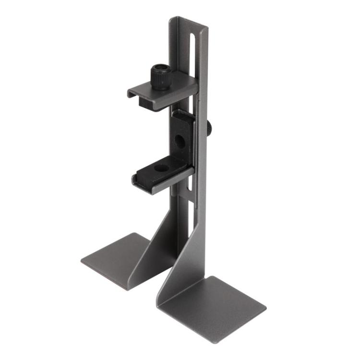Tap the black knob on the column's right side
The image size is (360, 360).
click(x=210, y=128)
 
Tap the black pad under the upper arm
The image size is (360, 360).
click(x=154, y=100)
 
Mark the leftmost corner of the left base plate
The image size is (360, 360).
click(x=82, y=261)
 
